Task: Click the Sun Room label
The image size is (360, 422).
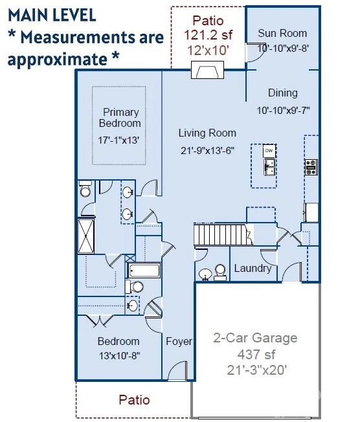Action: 282,33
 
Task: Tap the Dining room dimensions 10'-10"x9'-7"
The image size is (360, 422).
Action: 283,110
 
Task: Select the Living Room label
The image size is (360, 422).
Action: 207,133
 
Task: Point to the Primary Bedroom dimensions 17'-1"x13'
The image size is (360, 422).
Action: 118,140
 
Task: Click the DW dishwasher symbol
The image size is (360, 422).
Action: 269,151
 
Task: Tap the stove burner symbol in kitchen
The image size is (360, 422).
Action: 311,167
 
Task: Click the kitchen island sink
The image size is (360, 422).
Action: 269,167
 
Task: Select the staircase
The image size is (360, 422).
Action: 223,234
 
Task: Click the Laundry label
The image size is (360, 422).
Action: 253,268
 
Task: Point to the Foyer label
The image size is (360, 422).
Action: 179,341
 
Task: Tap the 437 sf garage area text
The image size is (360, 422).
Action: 256,355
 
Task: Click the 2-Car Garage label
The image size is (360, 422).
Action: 255,338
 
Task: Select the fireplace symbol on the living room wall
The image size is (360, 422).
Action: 207,70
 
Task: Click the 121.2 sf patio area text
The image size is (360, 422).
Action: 208,35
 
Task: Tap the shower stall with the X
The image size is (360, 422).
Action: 86,236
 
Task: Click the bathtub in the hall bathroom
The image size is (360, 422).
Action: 144,270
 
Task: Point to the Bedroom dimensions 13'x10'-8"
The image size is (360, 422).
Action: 120,356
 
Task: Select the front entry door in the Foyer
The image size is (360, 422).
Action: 177,371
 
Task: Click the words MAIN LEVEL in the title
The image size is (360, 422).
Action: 52,15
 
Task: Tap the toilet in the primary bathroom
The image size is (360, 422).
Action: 85,189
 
